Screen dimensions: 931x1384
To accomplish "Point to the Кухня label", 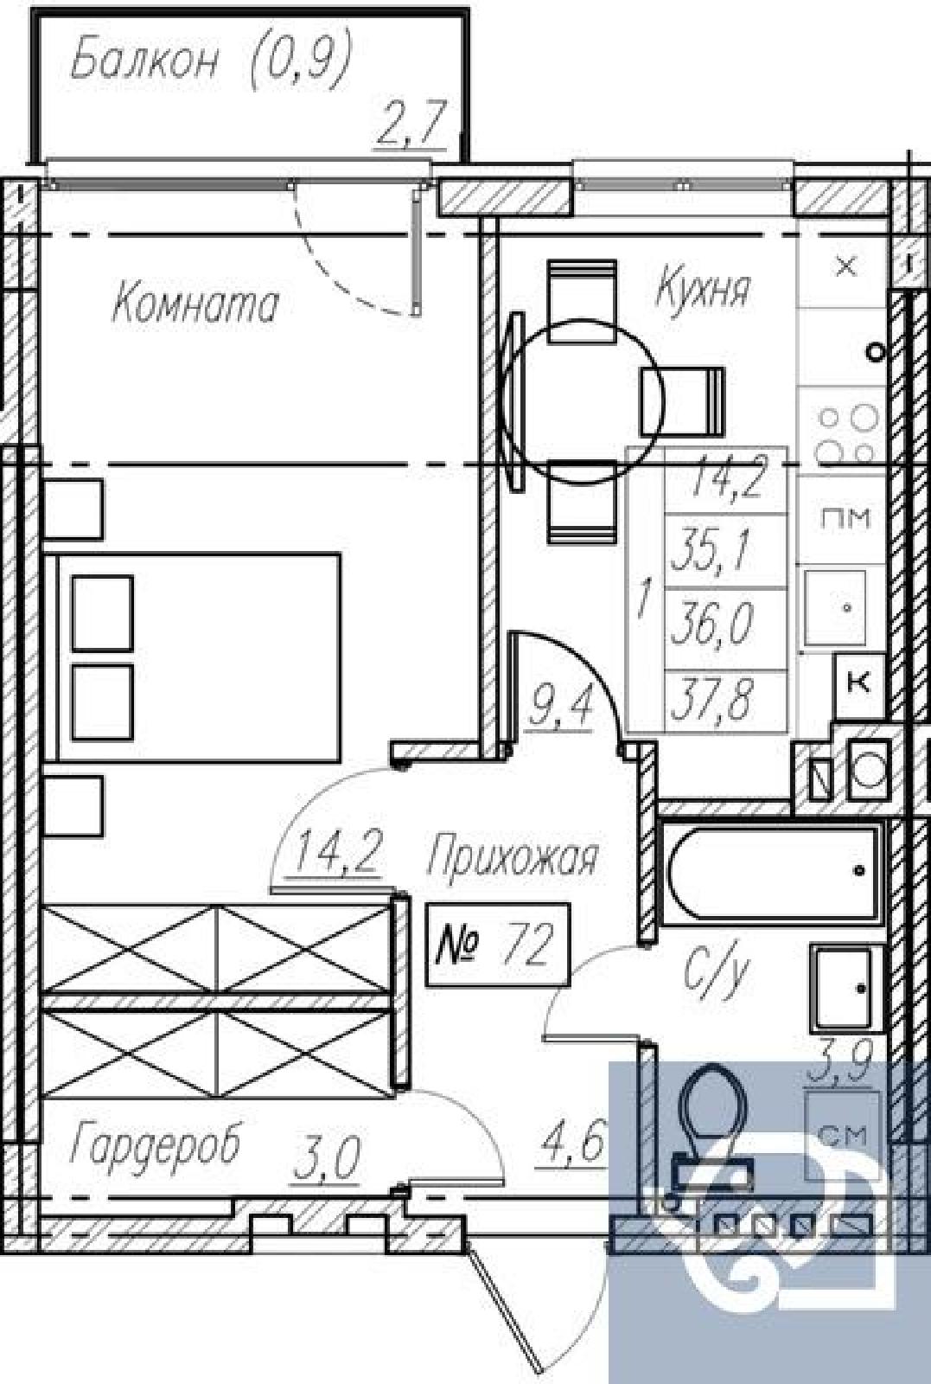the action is tap(703, 288).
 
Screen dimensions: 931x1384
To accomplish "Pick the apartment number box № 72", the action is tap(498, 944).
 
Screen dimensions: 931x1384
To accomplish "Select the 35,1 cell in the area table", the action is tap(725, 550).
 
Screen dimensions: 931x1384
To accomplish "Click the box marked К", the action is tap(860, 684).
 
